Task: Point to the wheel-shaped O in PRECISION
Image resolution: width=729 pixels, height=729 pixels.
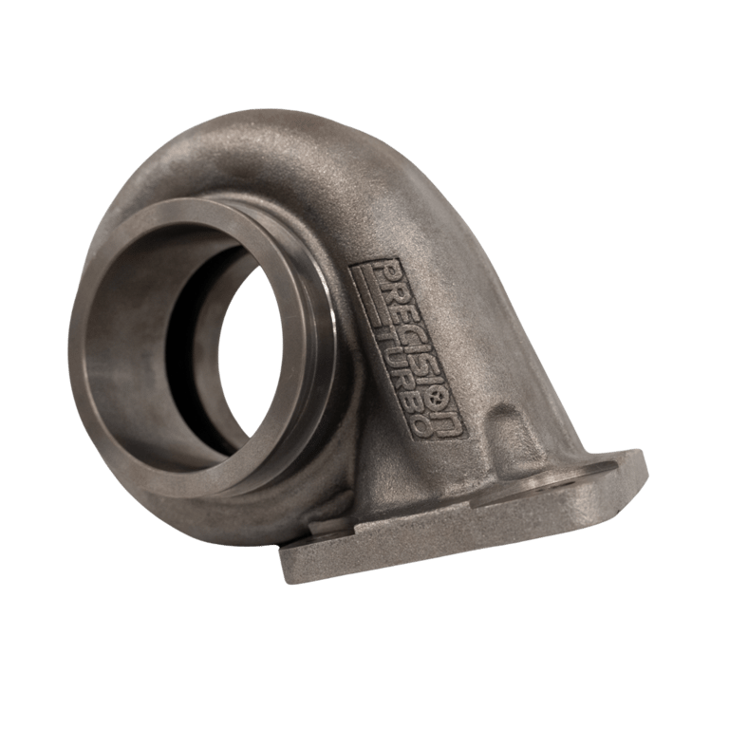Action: (436, 396)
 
